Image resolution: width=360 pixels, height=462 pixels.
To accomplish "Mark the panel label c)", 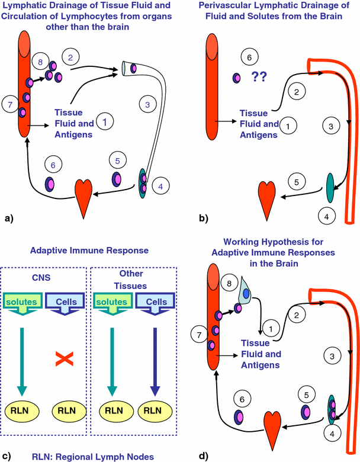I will (x=8, y=456).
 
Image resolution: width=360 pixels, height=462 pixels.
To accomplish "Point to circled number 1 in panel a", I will (x=104, y=122).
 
